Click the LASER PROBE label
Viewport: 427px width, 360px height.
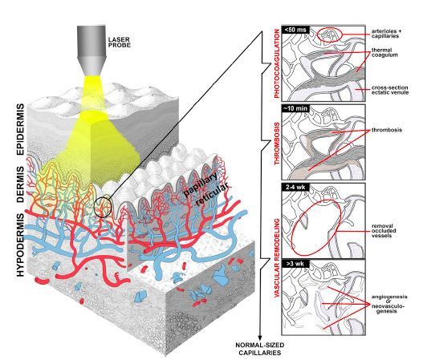coord(120,42)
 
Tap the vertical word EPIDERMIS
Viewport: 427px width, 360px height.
coord(21,130)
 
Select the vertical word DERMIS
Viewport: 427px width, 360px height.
coord(21,184)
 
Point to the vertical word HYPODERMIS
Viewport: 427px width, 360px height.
coord(21,245)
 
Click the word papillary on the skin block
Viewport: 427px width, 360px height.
coord(201,184)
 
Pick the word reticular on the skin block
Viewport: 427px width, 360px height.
coord(212,195)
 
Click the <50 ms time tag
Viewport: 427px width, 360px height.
coord(295,30)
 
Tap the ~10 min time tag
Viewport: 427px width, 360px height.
coord(295,108)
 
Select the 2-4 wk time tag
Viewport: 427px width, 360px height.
coord(295,187)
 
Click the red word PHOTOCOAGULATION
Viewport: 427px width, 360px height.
coord(277,63)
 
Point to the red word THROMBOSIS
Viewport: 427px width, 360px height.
coord(277,144)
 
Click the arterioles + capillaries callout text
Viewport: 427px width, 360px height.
coord(386,34)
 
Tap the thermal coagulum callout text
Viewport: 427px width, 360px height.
coord(384,53)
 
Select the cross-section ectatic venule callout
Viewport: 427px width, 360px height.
coord(390,90)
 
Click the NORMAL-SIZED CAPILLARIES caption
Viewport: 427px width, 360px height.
coord(260,349)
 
